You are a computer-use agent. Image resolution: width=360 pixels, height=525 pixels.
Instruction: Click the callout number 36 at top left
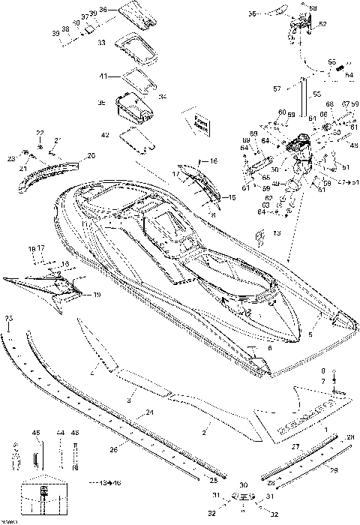(x=103, y=8)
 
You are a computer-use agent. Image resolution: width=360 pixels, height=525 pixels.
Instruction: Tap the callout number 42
(x=105, y=135)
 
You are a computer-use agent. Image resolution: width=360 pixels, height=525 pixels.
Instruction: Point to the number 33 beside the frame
(x=102, y=44)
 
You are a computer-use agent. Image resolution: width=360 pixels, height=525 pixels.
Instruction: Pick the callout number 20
(x=91, y=155)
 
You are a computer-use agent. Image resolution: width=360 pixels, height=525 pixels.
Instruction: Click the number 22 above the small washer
(x=40, y=133)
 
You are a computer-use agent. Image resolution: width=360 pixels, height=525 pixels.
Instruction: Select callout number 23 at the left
(x=12, y=158)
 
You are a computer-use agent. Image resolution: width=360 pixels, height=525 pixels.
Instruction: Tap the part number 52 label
(x=323, y=24)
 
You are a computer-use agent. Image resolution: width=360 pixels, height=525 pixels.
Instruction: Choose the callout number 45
(x=35, y=433)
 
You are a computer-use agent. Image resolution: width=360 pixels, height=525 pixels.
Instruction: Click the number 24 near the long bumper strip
(x=150, y=413)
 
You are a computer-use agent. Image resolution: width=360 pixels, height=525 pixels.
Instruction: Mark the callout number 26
(x=113, y=450)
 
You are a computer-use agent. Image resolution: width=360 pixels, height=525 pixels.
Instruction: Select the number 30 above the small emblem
(x=243, y=485)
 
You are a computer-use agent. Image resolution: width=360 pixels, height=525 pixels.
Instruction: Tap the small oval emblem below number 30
(x=241, y=497)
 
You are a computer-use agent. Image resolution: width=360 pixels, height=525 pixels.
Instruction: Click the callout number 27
(x=295, y=448)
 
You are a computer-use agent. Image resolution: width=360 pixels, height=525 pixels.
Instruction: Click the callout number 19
(x=97, y=295)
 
